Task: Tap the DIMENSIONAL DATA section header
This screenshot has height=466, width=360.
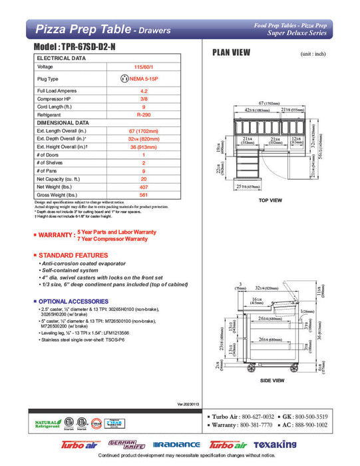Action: point(63,123)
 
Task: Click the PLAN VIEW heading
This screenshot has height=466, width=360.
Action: point(231,54)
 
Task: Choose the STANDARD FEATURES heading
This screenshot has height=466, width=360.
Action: point(73,256)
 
